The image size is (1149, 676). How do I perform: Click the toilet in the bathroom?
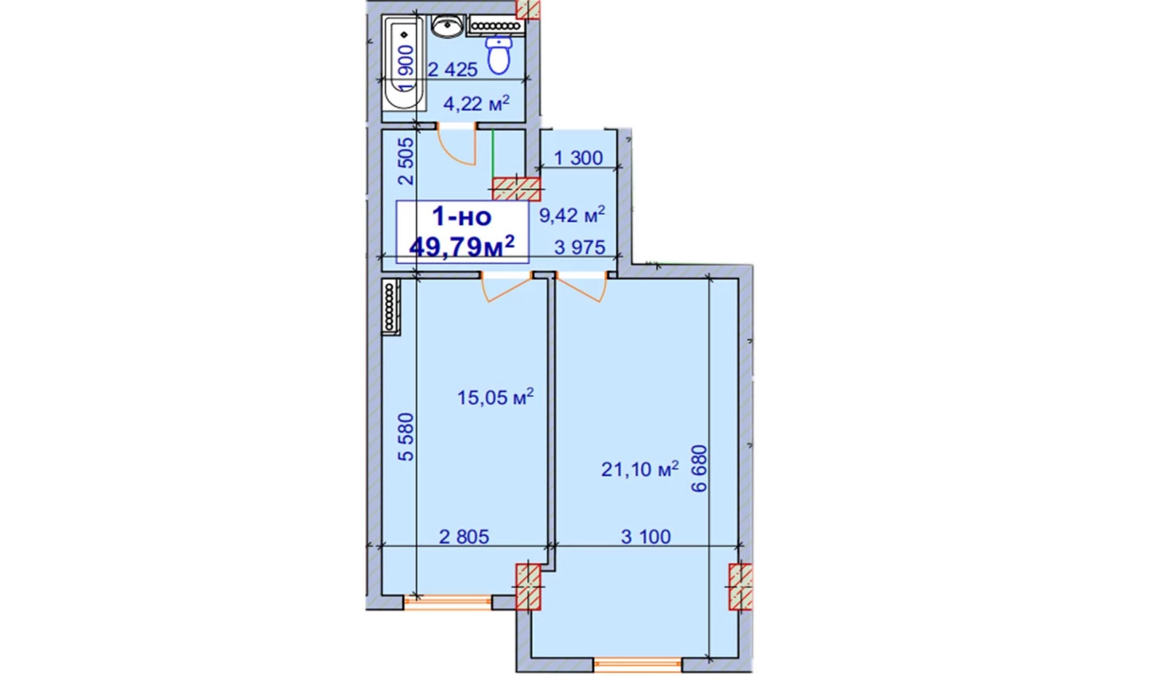(x=499, y=55)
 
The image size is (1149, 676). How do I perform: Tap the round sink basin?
(x=448, y=25)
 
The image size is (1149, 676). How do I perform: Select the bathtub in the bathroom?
(x=404, y=63)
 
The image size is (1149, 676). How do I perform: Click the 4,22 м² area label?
(x=476, y=103)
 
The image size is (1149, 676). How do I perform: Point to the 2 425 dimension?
(x=452, y=69)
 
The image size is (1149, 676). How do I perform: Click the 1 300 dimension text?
(x=578, y=157)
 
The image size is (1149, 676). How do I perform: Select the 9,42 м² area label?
(x=572, y=215)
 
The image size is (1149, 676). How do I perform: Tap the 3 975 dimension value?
(x=580, y=247)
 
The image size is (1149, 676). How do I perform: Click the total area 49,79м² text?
(x=462, y=247)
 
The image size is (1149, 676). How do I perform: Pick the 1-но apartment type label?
(x=462, y=216)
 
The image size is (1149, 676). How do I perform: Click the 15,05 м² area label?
(x=495, y=397)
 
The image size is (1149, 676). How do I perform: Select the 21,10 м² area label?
(x=640, y=468)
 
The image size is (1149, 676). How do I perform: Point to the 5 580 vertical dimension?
(x=406, y=437)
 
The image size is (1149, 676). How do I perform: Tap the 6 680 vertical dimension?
(x=699, y=468)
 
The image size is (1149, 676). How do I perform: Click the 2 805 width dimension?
(x=464, y=537)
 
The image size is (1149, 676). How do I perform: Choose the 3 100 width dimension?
(x=646, y=537)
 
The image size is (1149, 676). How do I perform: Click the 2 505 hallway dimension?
(x=406, y=161)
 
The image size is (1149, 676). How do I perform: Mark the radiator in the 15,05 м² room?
(x=391, y=307)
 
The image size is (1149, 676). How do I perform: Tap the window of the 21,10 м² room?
(x=638, y=665)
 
